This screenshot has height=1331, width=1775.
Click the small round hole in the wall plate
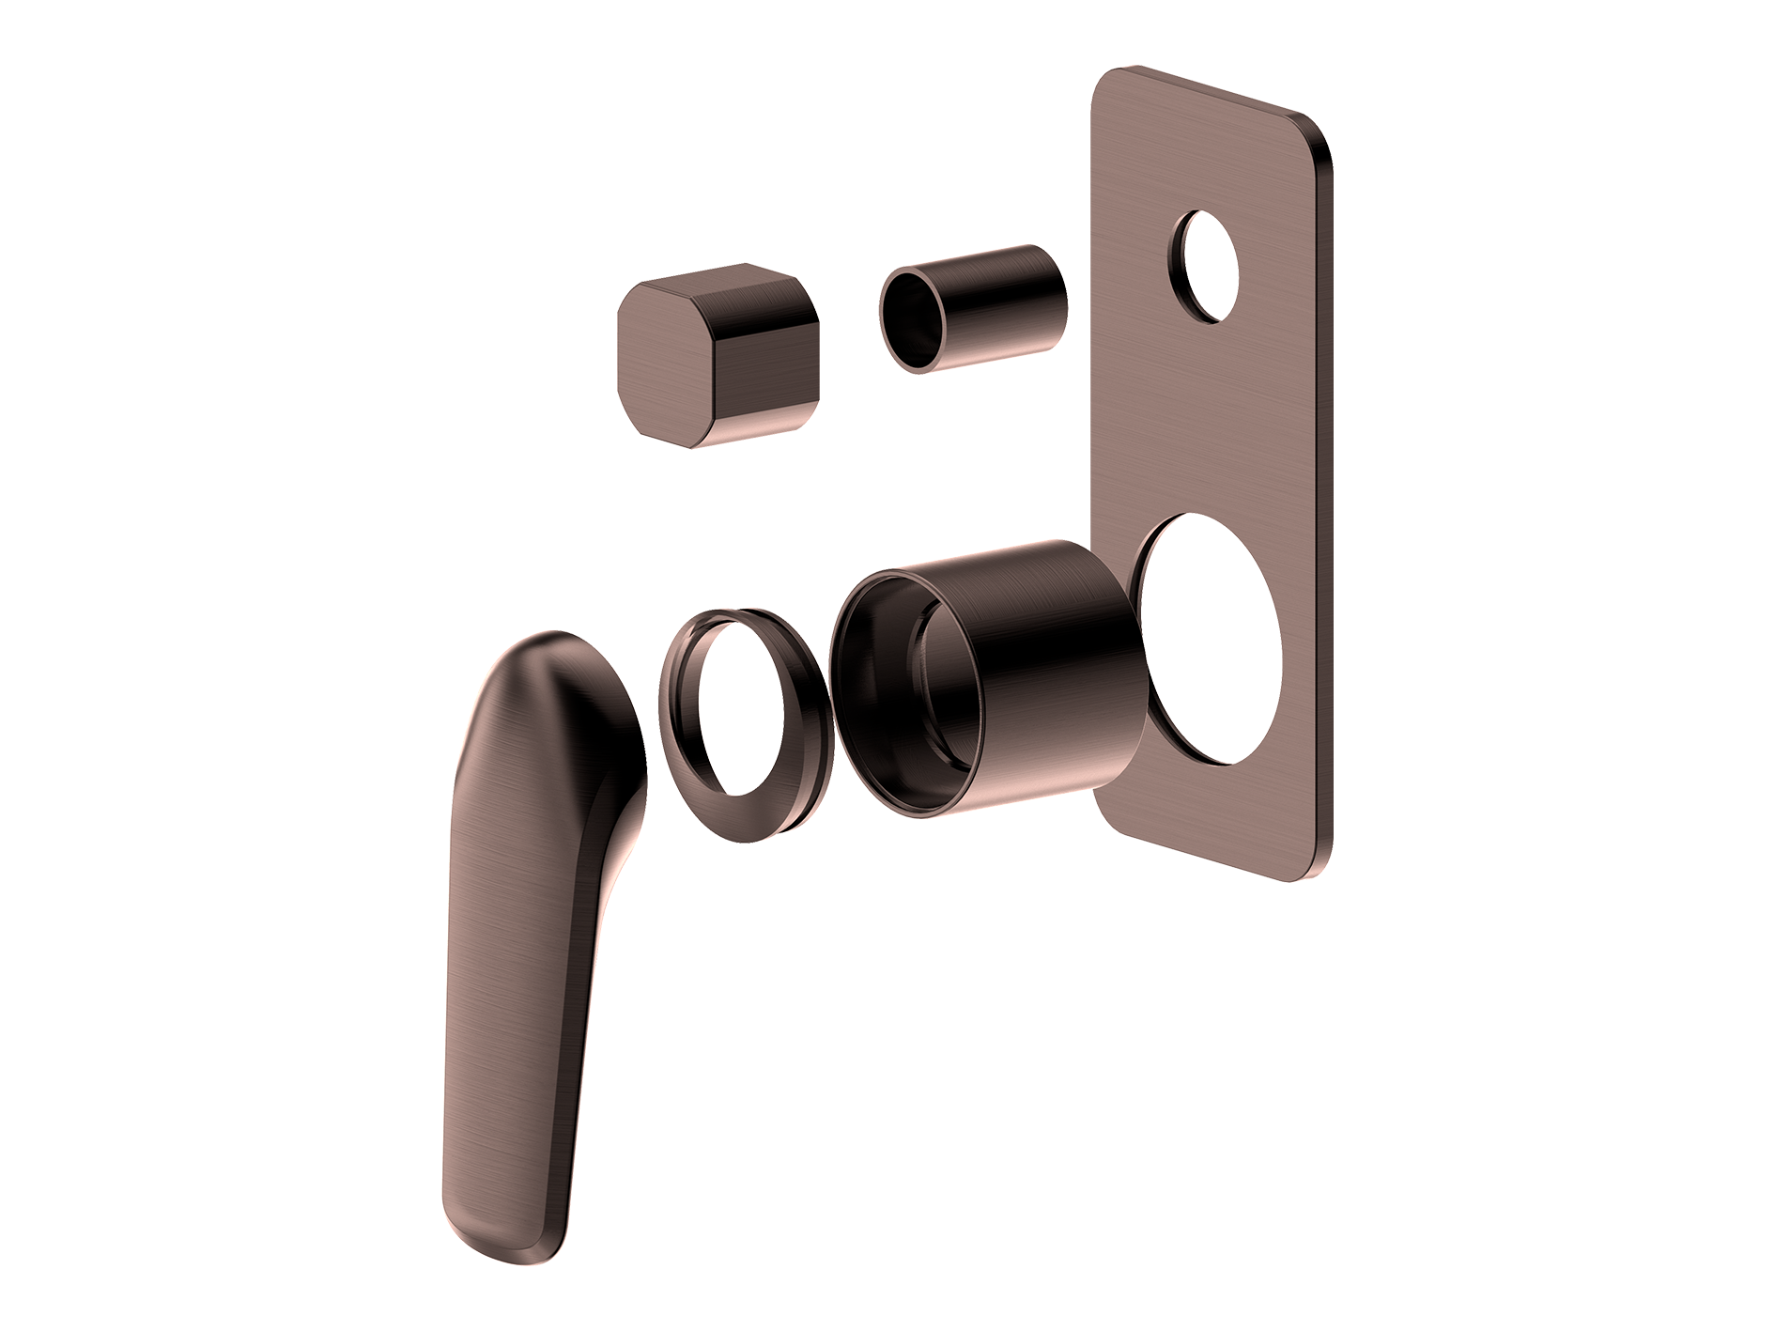coord(1208,267)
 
